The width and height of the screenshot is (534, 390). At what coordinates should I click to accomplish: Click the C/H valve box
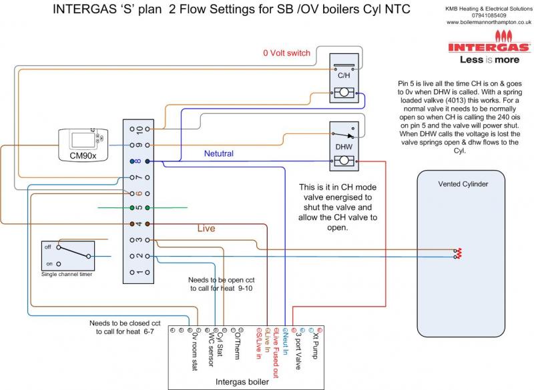[344, 81]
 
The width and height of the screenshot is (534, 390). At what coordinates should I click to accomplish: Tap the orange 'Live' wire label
[206, 229]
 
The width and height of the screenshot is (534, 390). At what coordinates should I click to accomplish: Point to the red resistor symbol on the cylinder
[457, 253]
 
